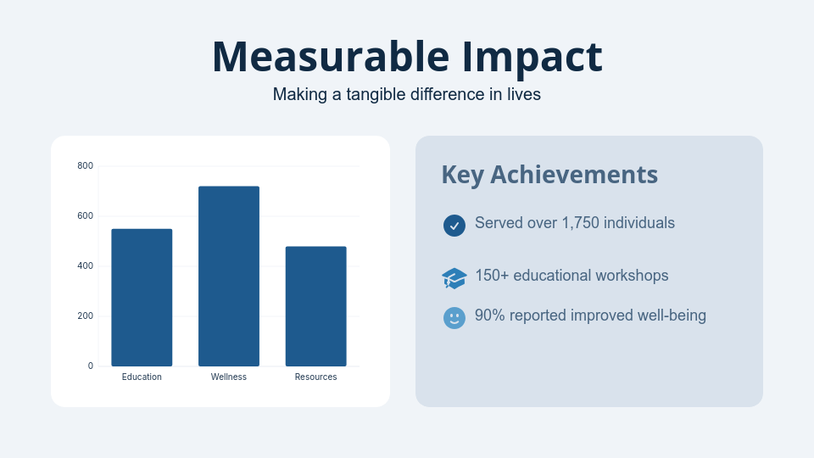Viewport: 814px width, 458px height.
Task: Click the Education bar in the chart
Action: (x=142, y=298)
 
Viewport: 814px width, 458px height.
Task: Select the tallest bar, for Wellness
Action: (x=229, y=276)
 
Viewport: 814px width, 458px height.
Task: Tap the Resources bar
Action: (x=315, y=306)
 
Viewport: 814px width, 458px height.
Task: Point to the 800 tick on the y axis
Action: (x=85, y=165)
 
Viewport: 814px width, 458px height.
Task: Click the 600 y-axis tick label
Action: (x=85, y=215)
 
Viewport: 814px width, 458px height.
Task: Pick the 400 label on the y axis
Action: (x=85, y=266)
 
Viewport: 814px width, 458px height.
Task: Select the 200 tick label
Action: (x=85, y=316)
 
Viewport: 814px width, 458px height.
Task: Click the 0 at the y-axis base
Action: (x=90, y=366)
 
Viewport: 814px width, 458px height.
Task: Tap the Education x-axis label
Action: (x=142, y=377)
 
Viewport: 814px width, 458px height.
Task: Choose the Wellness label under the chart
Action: (x=229, y=377)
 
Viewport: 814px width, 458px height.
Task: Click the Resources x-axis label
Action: (x=315, y=377)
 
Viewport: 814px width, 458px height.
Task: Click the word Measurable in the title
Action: (x=330, y=57)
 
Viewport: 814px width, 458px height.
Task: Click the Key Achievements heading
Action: (x=549, y=175)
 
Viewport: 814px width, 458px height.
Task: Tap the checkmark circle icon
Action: (x=454, y=225)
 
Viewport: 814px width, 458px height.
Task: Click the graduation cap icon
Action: (x=454, y=277)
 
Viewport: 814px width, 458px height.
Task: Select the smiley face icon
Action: (x=454, y=318)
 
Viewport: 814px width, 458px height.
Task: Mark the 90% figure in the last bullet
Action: (x=490, y=316)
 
